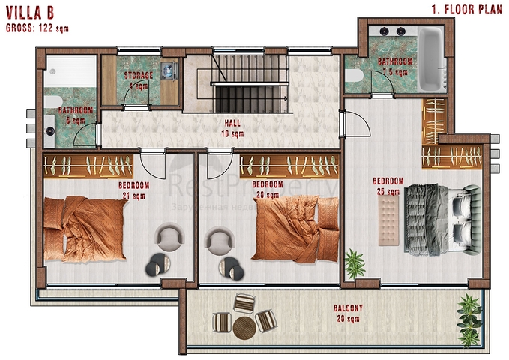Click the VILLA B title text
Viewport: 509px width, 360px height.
point(31,13)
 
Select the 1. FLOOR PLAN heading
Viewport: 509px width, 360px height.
point(466,10)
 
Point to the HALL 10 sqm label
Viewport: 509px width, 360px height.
point(232,129)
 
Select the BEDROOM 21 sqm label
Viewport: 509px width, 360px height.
point(134,190)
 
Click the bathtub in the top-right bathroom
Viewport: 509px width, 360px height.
point(430,57)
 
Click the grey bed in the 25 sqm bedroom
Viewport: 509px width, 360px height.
point(435,218)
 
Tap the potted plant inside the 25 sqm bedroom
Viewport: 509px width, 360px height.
point(354,262)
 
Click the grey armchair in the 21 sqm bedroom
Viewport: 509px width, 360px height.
point(169,237)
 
